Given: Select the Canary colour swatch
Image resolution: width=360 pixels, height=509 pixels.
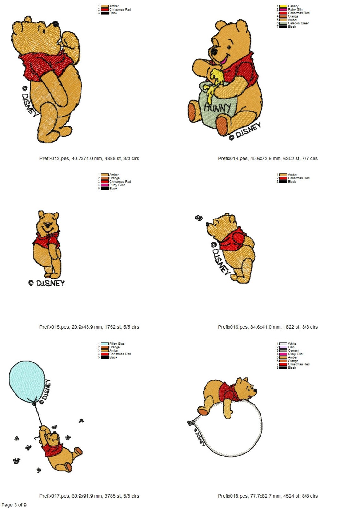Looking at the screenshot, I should point(283,6).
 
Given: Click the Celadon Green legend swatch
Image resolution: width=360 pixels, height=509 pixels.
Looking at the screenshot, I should point(283,23).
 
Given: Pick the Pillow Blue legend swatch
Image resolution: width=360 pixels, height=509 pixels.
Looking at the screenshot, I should point(105,344).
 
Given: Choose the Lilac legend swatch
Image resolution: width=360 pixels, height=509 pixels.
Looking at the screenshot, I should point(283,347).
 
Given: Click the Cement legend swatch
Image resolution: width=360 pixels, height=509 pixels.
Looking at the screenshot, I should point(283,350).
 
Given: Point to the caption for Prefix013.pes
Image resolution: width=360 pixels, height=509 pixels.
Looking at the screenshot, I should point(89,159).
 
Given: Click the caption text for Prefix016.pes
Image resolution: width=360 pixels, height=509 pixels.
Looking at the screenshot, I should point(268,327).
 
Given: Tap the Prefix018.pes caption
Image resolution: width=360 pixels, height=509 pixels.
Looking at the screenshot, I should point(268,496).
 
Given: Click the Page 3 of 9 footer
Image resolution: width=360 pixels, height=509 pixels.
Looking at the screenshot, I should point(14,505).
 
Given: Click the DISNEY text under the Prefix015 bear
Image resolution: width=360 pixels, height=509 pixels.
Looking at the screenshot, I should point(47,283).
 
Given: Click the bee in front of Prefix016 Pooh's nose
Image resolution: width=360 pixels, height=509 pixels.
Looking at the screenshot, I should point(199,218).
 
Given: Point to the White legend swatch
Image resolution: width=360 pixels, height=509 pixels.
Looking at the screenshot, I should point(283,344).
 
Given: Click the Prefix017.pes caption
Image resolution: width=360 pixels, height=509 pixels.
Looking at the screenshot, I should point(89,496).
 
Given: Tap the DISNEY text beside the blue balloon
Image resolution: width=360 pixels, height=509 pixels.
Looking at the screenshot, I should point(45,390).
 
